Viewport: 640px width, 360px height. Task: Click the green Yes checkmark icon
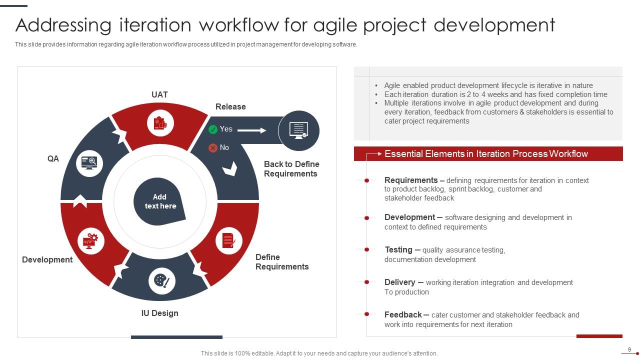(x=213, y=129)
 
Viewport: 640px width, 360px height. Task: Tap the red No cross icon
(x=213, y=148)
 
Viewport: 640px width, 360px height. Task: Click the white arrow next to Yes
(x=251, y=130)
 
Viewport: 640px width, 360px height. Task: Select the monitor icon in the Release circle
(x=298, y=130)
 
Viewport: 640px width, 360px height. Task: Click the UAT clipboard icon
(x=160, y=123)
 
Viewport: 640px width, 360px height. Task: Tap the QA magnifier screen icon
(x=89, y=162)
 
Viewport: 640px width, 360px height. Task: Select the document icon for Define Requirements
(x=228, y=240)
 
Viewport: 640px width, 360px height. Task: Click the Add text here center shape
(x=159, y=201)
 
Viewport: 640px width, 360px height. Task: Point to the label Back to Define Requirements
(x=291, y=169)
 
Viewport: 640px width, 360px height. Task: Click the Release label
(x=230, y=106)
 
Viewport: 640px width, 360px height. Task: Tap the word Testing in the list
(x=398, y=249)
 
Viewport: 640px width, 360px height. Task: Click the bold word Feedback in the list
(x=403, y=314)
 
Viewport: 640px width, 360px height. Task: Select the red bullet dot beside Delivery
(x=366, y=282)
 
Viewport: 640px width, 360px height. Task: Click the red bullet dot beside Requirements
(x=366, y=180)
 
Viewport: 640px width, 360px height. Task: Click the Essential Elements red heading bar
(x=488, y=154)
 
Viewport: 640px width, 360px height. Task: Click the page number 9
(x=629, y=349)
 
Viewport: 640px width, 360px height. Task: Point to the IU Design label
(x=159, y=313)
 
